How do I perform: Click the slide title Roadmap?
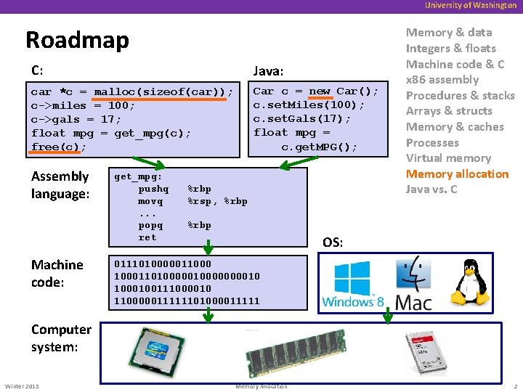pos(77,39)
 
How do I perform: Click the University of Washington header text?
pos(471,5)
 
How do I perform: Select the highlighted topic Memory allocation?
pos(457,173)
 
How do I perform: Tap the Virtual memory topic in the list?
pos(448,158)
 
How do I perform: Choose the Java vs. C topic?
pos(431,189)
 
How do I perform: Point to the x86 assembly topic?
pos(442,80)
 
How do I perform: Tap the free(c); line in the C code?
pos(59,147)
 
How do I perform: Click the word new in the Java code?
pos(319,91)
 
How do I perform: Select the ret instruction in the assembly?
pos(147,237)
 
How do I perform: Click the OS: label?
pos(333,242)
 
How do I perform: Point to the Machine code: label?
pos(57,273)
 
